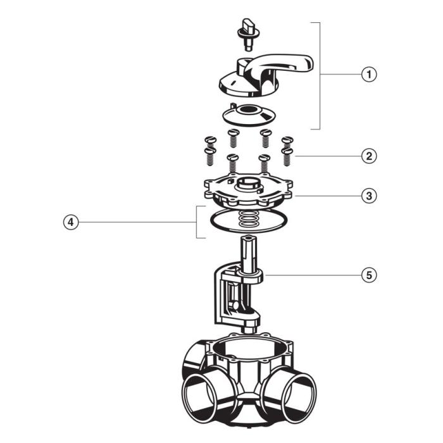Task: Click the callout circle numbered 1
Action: coord(369,74)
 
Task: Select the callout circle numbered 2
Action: coord(369,155)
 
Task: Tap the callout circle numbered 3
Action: coord(369,196)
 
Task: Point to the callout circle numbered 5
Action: coord(369,275)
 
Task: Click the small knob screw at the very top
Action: coord(247,30)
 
